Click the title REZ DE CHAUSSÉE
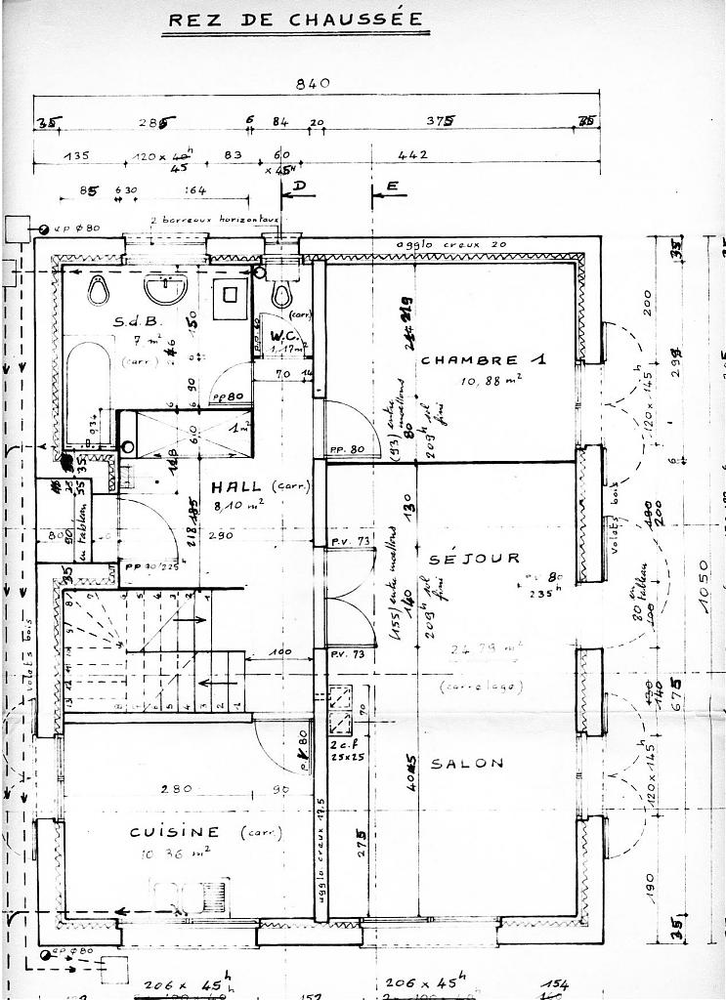point(296,20)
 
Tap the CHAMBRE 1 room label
point(483,360)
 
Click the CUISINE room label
point(175,831)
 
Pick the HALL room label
point(235,486)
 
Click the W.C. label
point(285,335)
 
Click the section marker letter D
point(300,186)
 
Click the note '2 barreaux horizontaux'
point(215,221)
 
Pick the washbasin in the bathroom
point(164,288)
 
